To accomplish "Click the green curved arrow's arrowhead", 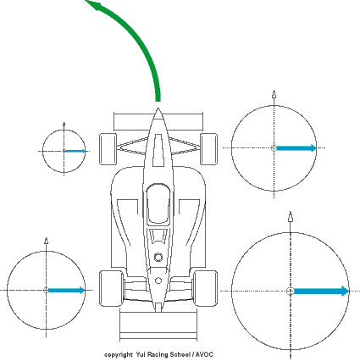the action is (x=95, y=5).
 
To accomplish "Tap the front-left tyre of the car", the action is (x=108, y=149).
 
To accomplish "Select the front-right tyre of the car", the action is (x=208, y=149).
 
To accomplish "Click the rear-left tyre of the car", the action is (x=112, y=288).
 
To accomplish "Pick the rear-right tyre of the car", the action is (x=205, y=288).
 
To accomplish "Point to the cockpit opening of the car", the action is (x=158, y=203).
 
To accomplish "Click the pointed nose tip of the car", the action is (x=158, y=109).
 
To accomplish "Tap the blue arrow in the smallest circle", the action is (x=75, y=151).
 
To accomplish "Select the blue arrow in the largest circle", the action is (x=321, y=291).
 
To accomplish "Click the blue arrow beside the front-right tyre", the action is (x=296, y=148).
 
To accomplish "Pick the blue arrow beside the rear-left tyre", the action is (x=66, y=290).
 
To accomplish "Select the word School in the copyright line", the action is (x=180, y=354).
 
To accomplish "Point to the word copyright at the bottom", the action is (x=119, y=355).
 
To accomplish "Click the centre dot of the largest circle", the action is (x=291, y=292).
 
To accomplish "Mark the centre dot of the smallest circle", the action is (x=64, y=151).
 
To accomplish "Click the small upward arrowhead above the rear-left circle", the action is (x=47, y=241).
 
